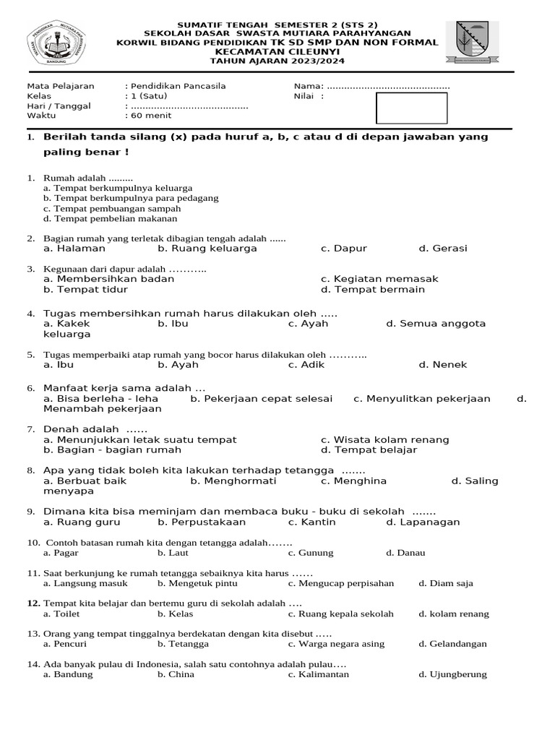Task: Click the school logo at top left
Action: [56, 44]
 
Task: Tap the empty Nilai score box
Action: [411, 108]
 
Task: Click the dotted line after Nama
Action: [389, 86]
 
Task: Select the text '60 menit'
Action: [150, 116]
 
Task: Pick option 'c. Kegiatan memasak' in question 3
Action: [379, 279]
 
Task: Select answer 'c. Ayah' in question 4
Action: [308, 324]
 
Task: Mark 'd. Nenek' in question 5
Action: [443, 365]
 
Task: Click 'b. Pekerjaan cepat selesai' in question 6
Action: [262, 398]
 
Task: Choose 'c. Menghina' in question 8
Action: [354, 481]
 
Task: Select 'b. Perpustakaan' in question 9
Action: [202, 522]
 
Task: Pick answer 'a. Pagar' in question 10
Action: [61, 553]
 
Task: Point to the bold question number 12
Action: [33, 603]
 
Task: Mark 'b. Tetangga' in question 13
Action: [184, 644]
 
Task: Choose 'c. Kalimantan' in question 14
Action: [319, 674]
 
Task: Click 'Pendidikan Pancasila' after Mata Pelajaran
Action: [178, 86]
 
